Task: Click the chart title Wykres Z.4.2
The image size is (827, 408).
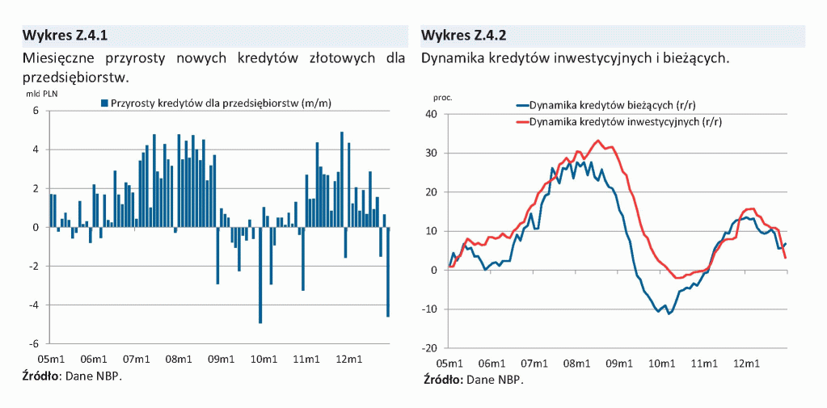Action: click(x=463, y=36)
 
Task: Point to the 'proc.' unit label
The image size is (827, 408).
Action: click(x=442, y=97)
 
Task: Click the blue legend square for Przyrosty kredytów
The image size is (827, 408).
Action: click(x=103, y=103)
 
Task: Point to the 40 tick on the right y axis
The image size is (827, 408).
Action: click(x=430, y=114)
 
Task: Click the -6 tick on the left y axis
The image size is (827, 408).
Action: click(x=37, y=343)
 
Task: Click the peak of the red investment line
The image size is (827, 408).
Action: click(x=598, y=141)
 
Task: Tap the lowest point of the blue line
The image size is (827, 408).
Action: click(x=669, y=313)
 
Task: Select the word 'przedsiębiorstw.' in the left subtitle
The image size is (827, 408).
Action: click(x=77, y=78)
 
